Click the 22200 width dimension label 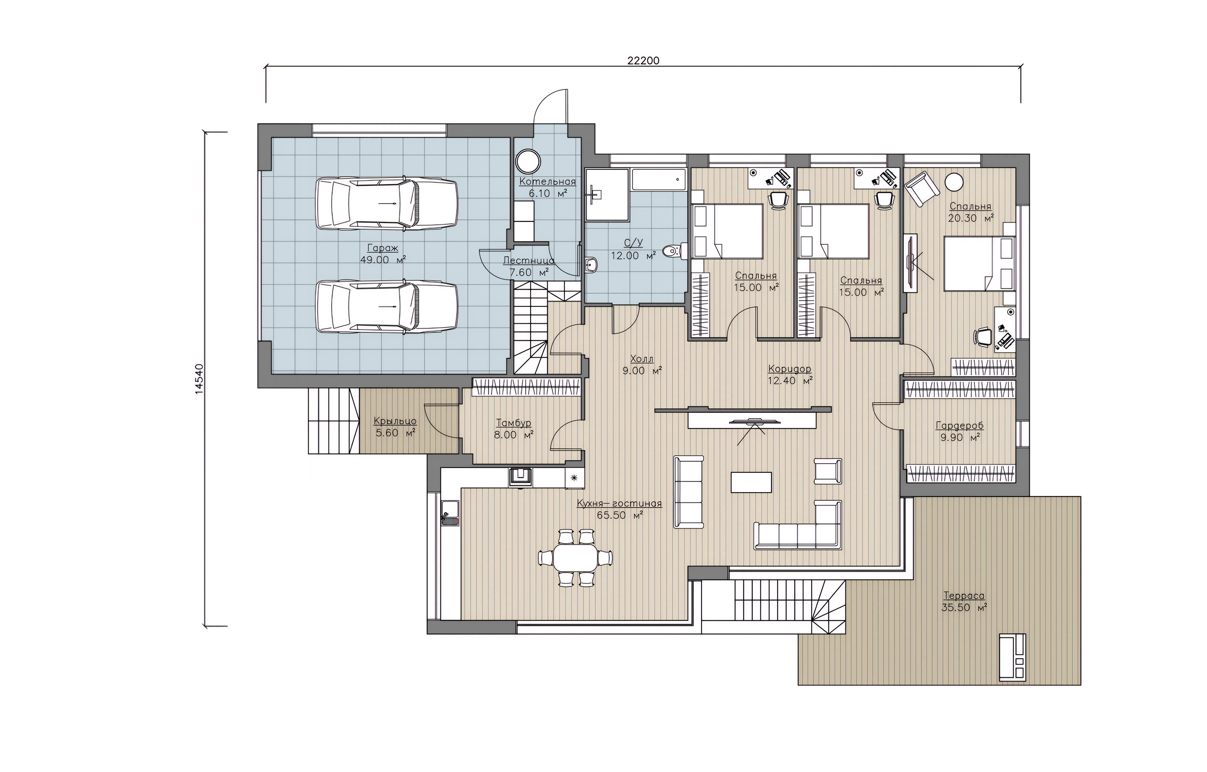(x=643, y=61)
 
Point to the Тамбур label (x=513, y=423)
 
